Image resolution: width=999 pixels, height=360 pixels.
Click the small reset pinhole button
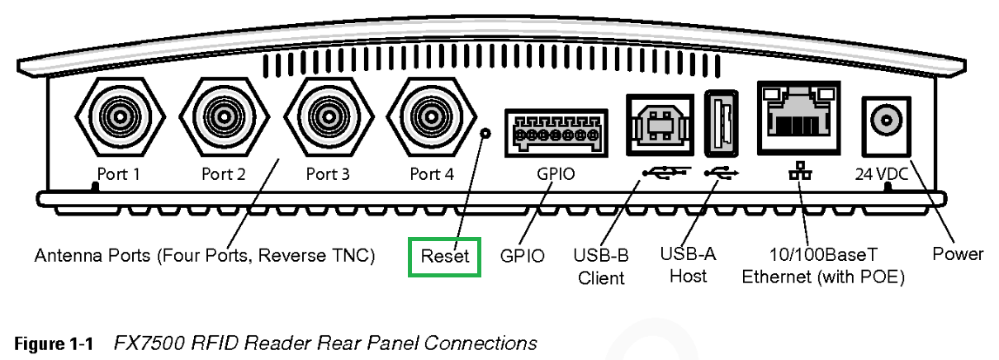(x=486, y=132)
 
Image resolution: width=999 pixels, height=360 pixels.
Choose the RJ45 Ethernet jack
(x=799, y=118)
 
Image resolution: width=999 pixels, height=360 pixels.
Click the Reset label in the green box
(x=444, y=256)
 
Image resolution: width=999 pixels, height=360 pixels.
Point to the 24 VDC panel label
(x=881, y=175)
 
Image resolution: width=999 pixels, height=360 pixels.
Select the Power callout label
(x=958, y=254)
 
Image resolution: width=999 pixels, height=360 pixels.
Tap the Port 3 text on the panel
(x=328, y=175)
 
